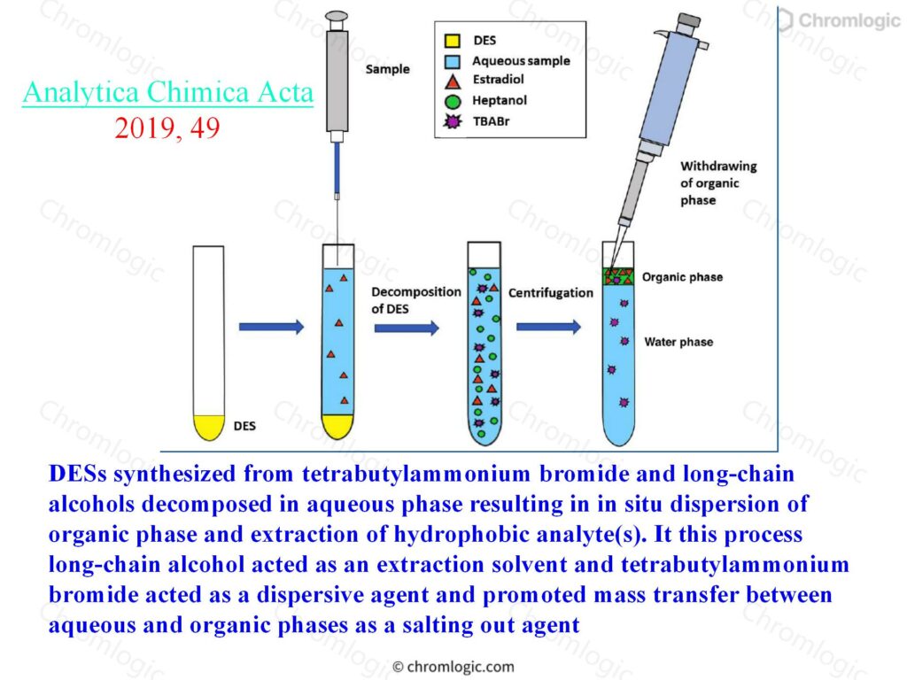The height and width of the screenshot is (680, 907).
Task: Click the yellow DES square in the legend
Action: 452,41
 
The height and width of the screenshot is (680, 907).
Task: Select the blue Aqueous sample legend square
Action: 452,61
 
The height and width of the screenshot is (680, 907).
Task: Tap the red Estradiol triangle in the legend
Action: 453,81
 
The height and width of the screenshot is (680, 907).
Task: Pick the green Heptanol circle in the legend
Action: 453,102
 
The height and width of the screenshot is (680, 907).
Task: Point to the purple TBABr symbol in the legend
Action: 453,121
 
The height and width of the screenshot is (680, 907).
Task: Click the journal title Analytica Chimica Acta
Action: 167,92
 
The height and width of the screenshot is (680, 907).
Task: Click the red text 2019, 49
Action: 167,127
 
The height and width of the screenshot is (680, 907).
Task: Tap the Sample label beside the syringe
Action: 388,69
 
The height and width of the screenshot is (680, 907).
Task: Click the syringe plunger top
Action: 337,17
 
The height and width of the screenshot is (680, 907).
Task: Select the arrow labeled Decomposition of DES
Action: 407,328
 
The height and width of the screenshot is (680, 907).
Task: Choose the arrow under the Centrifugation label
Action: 548,328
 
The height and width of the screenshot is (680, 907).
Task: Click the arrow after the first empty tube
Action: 271,328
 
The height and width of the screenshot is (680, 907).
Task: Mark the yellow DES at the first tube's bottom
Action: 208,427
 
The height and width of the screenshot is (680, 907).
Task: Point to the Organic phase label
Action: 683,277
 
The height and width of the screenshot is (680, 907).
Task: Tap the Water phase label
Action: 678,342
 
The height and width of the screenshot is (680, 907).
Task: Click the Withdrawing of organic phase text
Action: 718,183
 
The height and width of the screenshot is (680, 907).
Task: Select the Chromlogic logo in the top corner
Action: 838,21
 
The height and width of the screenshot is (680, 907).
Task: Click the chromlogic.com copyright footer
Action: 453,667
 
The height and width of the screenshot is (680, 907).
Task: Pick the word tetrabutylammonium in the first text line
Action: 416,474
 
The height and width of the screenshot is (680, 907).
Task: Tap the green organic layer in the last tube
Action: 618,276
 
